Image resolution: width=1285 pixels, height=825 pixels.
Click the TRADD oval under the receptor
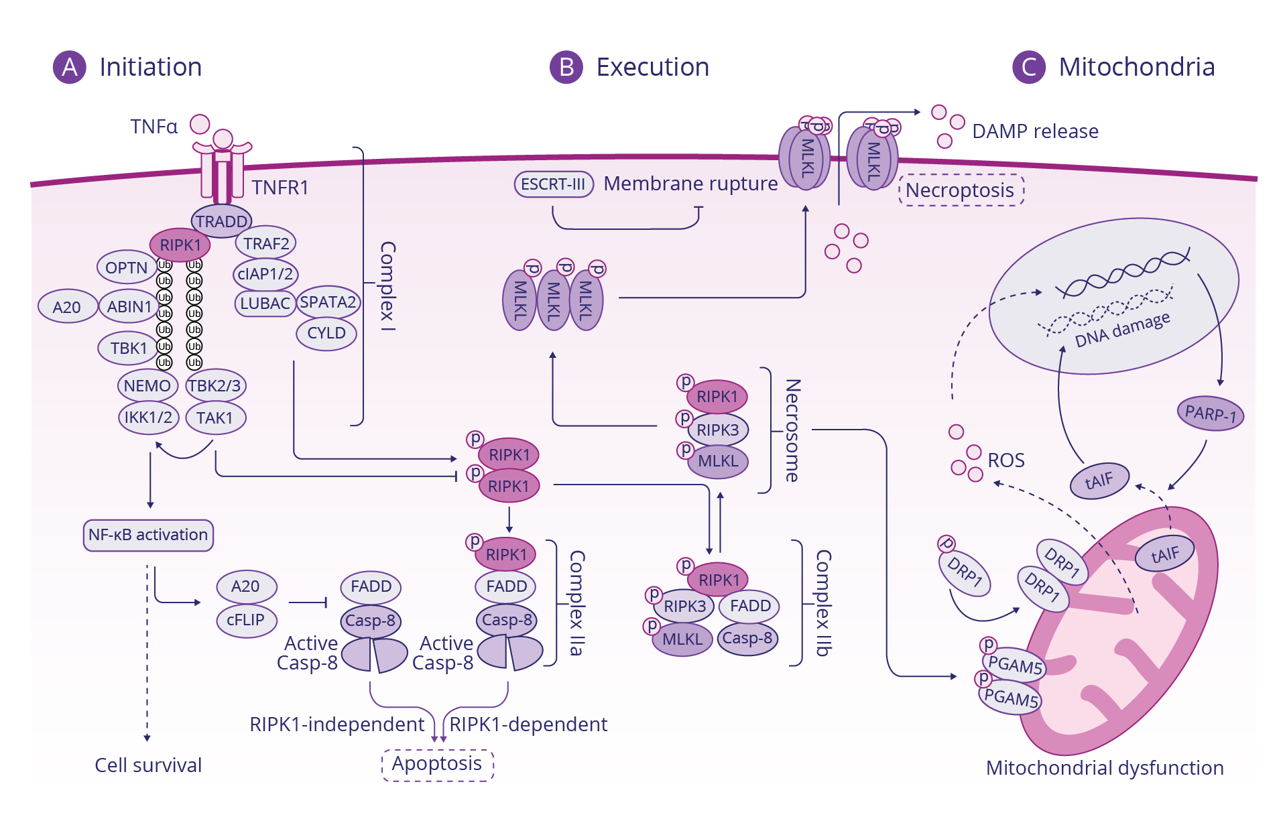(x=221, y=221)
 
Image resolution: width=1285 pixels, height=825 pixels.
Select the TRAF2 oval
(x=266, y=243)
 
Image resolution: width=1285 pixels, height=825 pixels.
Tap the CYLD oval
(x=326, y=333)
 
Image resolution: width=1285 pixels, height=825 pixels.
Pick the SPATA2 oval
(x=328, y=302)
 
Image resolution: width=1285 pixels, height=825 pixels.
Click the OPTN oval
(x=126, y=268)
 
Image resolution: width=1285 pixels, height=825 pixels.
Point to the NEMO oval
(x=147, y=386)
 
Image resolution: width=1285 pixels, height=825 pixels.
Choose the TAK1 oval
(x=215, y=418)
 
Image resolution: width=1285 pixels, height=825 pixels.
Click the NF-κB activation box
(x=148, y=535)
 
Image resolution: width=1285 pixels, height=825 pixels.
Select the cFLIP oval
(x=245, y=620)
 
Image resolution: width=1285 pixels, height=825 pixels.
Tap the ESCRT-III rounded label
(x=553, y=184)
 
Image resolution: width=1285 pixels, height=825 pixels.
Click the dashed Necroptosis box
(x=960, y=190)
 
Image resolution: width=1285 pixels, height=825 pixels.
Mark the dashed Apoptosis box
(x=437, y=763)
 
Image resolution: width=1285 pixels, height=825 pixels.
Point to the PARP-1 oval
(x=1210, y=413)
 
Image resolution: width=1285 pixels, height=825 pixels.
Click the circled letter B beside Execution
(x=566, y=67)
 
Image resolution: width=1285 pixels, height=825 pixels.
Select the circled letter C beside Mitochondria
(x=1029, y=67)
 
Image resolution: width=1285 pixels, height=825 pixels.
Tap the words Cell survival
(x=148, y=765)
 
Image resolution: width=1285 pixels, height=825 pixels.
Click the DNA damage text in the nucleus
(x=1122, y=329)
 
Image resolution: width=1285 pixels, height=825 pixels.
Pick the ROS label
(x=1006, y=460)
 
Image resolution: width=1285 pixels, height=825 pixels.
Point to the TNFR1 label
(x=280, y=188)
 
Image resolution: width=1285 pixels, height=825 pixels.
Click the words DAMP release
(x=1035, y=131)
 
